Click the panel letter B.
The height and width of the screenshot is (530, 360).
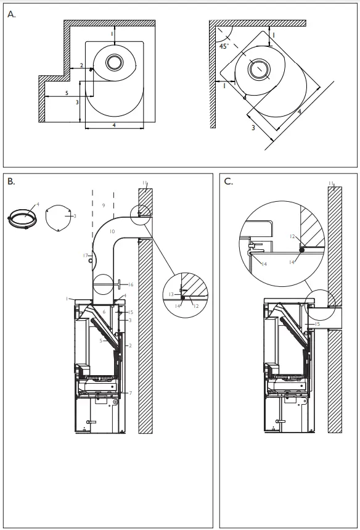[10, 182]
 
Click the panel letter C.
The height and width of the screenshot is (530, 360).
[229, 182]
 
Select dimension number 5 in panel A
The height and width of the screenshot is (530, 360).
[66, 93]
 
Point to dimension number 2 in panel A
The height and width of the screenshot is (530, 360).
[81, 65]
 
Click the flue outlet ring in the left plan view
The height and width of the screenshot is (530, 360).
[114, 62]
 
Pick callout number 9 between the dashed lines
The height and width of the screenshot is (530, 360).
[104, 204]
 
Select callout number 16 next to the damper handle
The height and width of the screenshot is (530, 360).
[131, 284]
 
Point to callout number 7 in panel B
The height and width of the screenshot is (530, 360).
[130, 392]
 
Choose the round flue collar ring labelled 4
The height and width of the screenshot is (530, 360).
[23, 219]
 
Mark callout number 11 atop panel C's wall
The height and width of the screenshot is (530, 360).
[331, 183]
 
